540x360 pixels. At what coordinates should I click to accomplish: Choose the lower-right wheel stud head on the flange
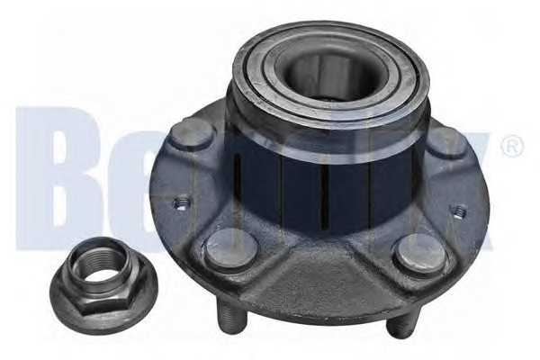[x=420, y=254]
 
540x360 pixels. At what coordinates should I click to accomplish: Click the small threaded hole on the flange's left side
[x=181, y=203]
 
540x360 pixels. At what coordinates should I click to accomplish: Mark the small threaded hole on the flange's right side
[x=459, y=211]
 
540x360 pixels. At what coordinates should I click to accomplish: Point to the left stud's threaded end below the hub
[x=230, y=318]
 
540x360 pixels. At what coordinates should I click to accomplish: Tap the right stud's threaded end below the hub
[x=401, y=321]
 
